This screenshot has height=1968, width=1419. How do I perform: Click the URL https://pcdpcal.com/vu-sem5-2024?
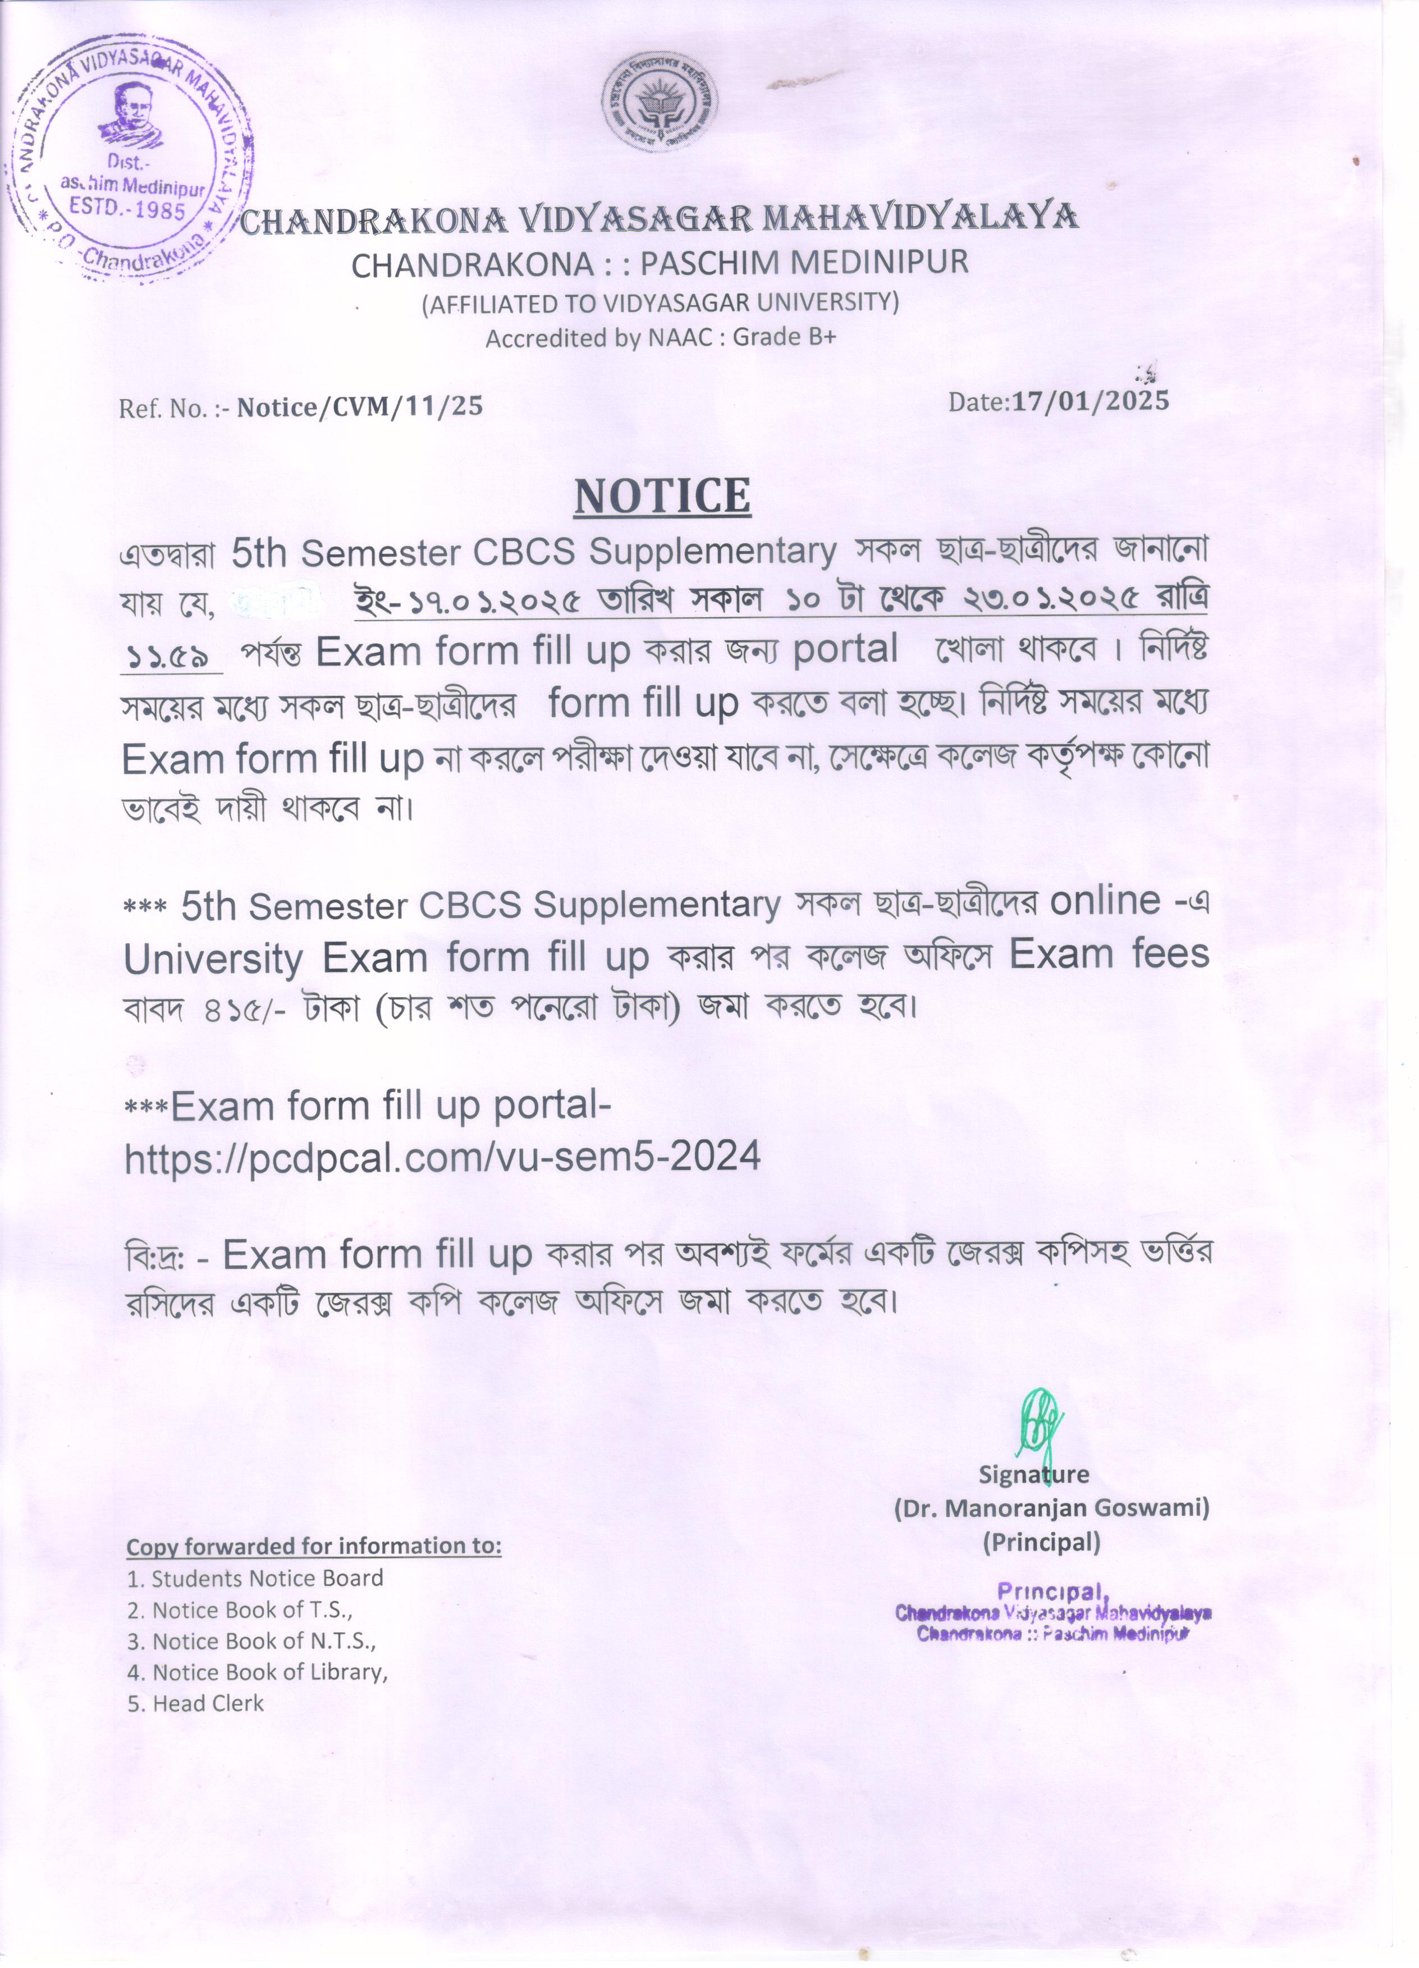443,1157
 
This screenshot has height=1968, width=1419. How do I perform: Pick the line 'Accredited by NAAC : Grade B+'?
660,338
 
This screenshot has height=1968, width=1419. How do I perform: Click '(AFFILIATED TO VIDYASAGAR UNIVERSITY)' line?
660,303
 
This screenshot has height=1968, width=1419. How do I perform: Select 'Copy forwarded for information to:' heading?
314,1547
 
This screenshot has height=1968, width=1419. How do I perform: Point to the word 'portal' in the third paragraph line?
844,649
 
